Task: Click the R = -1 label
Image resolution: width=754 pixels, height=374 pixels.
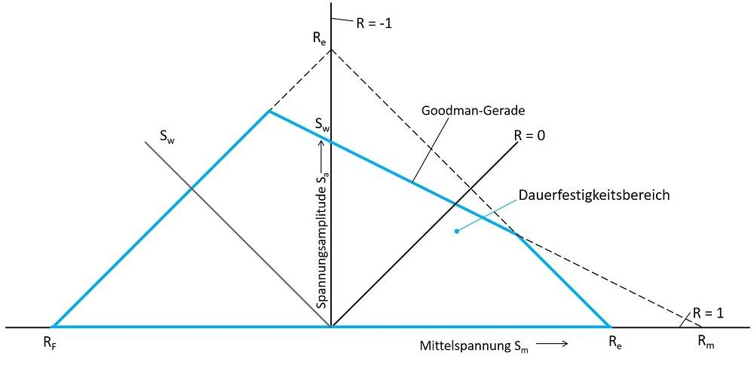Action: tap(374, 23)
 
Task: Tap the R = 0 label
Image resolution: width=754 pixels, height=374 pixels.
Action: tap(529, 136)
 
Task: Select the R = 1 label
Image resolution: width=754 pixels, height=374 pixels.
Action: tap(708, 313)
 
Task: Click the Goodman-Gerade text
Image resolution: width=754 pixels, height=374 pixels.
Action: tap(473, 110)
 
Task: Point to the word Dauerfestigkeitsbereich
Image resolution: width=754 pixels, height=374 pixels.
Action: tap(594, 195)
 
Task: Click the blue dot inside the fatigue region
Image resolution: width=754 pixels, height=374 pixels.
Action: tap(456, 231)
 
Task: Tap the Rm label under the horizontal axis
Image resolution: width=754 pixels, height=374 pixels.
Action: tap(706, 342)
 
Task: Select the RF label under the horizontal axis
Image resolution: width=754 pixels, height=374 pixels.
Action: tap(49, 343)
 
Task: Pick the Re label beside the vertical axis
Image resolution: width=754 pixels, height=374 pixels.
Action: tap(320, 38)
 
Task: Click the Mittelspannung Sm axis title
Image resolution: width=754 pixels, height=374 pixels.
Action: tap(474, 346)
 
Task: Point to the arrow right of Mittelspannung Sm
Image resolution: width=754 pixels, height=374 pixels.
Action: tap(552, 344)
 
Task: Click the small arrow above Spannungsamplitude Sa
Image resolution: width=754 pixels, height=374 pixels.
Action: tap(322, 147)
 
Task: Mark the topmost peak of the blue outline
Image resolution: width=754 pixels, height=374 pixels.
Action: tap(268, 112)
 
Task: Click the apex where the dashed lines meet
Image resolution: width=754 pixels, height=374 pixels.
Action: tap(331, 50)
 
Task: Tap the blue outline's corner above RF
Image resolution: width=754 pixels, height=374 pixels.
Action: tap(53, 326)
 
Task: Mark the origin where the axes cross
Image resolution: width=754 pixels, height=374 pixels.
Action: tap(331, 327)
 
